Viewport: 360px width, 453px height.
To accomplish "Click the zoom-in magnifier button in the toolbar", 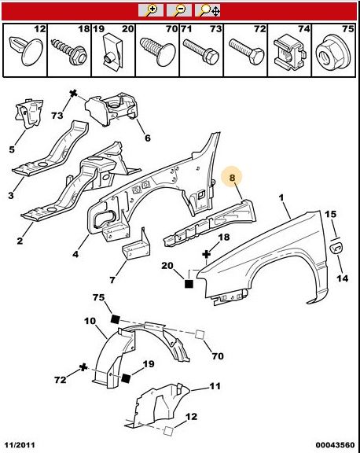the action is coord(151,10).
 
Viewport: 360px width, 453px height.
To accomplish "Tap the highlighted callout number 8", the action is coord(232,178).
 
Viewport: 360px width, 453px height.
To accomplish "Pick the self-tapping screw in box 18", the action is coord(68,51).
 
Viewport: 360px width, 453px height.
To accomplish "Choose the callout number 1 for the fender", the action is coord(281,198).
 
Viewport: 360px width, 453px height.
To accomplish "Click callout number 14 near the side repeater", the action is coord(342,278).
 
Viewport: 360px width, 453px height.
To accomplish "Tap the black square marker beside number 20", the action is coord(189,284).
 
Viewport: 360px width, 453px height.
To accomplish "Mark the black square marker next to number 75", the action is coord(116,319).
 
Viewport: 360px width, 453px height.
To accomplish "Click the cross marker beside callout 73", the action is coord(73,94).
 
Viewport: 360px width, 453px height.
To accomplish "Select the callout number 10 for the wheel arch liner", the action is coord(90,321).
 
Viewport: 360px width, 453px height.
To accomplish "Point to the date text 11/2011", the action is coord(19,444).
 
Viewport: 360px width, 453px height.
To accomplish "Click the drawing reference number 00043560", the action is coord(335,444).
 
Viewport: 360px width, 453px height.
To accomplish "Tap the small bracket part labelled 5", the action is coord(28,113).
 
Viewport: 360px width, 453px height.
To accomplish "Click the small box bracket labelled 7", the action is coord(137,246).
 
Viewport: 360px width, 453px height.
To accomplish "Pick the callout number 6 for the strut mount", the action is coord(148,138).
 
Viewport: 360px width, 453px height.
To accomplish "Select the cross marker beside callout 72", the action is coord(83,367).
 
